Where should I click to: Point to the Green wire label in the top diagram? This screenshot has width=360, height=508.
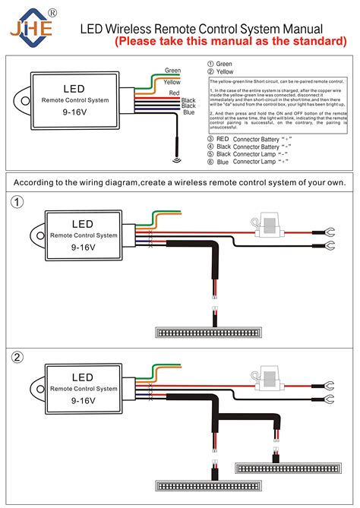coord(172,71)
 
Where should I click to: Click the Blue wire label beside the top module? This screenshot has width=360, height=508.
coord(188,112)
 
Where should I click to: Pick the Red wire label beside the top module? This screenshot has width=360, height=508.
coord(174,92)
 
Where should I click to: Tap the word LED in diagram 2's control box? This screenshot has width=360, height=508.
coord(83,377)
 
